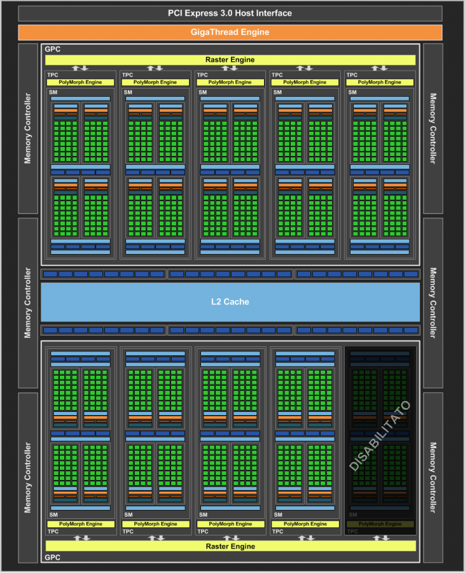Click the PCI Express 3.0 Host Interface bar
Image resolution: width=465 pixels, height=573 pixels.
[x=230, y=13]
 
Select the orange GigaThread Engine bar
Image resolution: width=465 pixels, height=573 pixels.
[x=230, y=32]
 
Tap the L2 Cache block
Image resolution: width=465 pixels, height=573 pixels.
[x=230, y=302]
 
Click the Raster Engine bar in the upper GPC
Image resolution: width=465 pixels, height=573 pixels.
[x=230, y=60]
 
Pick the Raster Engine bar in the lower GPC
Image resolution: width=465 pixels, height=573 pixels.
[x=230, y=546]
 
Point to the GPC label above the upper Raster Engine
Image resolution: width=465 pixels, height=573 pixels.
[x=53, y=49]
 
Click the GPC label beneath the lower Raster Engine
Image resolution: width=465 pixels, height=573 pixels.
[x=53, y=557]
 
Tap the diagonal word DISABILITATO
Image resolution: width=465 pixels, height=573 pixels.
[x=380, y=436]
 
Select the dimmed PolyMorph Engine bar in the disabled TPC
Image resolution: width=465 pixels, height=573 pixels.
[x=380, y=524]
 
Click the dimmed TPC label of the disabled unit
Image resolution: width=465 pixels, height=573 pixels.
[x=352, y=532]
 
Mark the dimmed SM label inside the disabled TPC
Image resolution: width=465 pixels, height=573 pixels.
[x=353, y=514]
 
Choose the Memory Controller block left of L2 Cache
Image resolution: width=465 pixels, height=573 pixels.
[x=28, y=303]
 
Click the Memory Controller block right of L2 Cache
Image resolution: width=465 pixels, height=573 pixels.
[x=433, y=303]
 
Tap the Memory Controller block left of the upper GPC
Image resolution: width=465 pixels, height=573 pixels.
[x=28, y=129]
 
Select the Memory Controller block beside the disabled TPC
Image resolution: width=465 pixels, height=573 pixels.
[x=433, y=478]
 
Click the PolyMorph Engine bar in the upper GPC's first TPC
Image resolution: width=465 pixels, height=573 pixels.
[x=80, y=82]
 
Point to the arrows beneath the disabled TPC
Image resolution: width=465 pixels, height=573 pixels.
[x=380, y=538]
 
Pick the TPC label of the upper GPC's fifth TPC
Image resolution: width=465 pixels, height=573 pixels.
[x=352, y=75]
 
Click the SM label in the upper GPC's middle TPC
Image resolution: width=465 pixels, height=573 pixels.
[x=202, y=92]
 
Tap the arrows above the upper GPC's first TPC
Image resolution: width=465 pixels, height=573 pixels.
[x=80, y=68]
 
